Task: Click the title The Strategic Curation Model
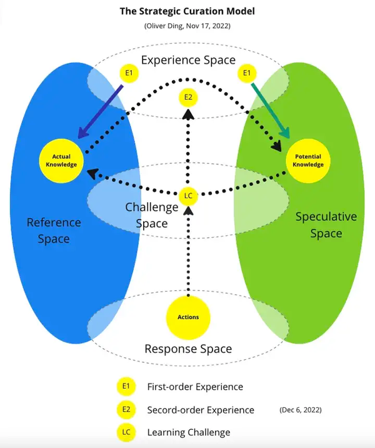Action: pyautogui.click(x=187, y=12)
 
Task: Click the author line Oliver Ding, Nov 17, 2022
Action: pyautogui.click(x=187, y=26)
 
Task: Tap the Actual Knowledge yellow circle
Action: pyautogui.click(x=61, y=160)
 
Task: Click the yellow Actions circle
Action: pyautogui.click(x=188, y=317)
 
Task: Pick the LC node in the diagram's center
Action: pyautogui.click(x=188, y=196)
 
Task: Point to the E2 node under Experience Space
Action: pyautogui.click(x=187, y=98)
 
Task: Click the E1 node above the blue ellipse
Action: pyautogui.click(x=129, y=73)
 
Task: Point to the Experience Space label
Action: pyautogui.click(x=187, y=60)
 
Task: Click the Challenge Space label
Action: pyautogui.click(x=147, y=215)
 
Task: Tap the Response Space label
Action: pyautogui.click(x=188, y=349)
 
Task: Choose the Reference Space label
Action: pyautogui.click(x=54, y=230)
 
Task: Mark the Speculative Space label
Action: pyautogui.click(x=326, y=225)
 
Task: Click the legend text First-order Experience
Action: pyautogui.click(x=195, y=387)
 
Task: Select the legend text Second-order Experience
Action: pyautogui.click(x=201, y=410)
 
